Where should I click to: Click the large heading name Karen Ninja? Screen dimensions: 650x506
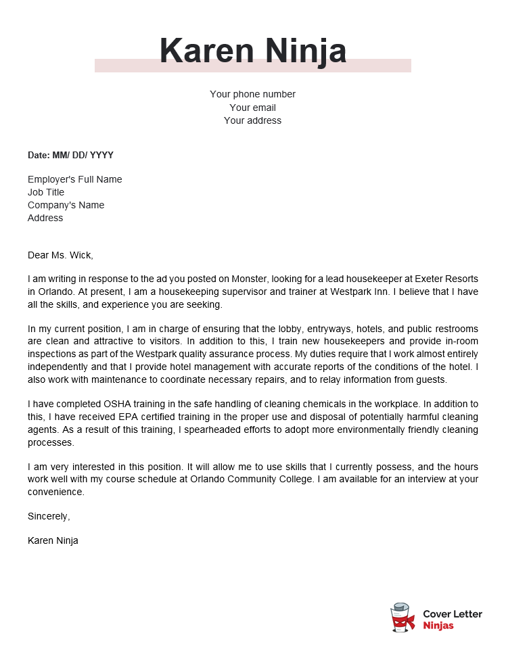pyautogui.click(x=253, y=51)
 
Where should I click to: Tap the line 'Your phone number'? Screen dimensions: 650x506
pyautogui.click(x=252, y=94)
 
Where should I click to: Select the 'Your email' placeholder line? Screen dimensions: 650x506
pyautogui.click(x=252, y=108)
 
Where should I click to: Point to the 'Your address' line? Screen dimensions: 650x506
pyautogui.click(x=252, y=120)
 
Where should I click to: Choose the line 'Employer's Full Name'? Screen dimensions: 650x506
pyautogui.click(x=74, y=179)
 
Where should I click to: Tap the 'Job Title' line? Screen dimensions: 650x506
pyautogui.click(x=46, y=192)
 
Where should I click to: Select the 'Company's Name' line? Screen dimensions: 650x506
pyautogui.click(x=66, y=205)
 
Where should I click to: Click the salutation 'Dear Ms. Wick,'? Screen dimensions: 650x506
pyautogui.click(x=60, y=255)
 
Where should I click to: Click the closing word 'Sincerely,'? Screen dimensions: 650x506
pyautogui.click(x=49, y=516)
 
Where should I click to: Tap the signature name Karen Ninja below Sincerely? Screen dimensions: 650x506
pyautogui.click(x=53, y=540)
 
